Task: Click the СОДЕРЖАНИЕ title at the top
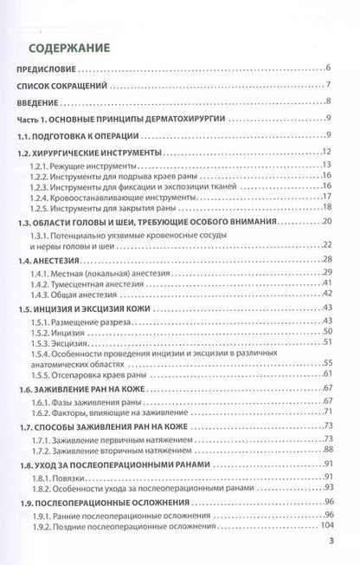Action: (x=75, y=49)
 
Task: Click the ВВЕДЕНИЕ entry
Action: (x=46, y=101)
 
